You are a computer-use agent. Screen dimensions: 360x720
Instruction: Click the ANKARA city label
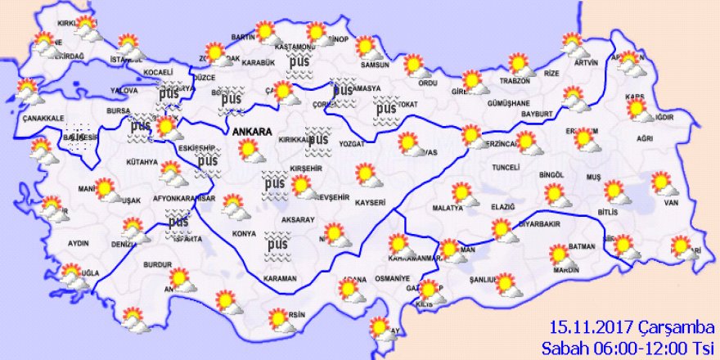click(250, 131)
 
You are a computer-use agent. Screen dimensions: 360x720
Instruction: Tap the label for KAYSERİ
click(370, 201)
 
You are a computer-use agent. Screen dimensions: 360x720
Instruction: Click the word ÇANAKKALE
click(43, 119)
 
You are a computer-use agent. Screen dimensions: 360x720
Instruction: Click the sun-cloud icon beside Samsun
click(369, 49)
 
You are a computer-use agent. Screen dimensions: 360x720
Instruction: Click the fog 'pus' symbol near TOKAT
click(385, 106)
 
